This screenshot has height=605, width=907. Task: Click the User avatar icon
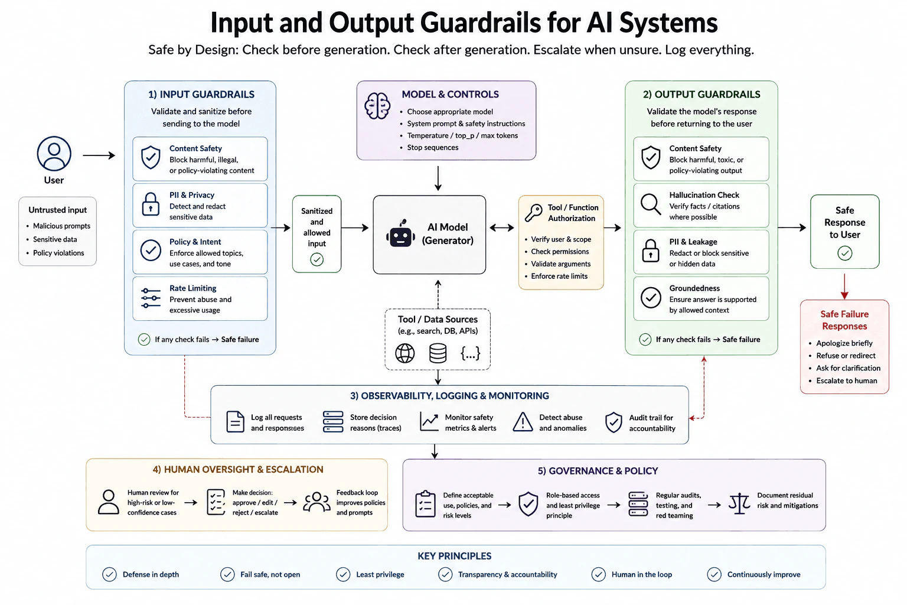pyautogui.click(x=54, y=154)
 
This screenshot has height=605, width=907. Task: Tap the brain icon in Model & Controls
pyautogui.click(x=377, y=106)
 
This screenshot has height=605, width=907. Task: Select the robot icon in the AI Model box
pyautogui.click(x=400, y=233)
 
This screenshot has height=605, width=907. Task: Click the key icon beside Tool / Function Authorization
pyautogui.click(x=533, y=213)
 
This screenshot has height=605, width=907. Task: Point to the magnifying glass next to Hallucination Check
pyautogui.click(x=651, y=204)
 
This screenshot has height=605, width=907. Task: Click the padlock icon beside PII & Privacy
pyautogui.click(x=151, y=204)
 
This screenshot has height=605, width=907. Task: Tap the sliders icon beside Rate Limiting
pyautogui.click(x=151, y=298)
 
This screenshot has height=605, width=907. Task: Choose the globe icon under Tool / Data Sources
pyautogui.click(x=405, y=353)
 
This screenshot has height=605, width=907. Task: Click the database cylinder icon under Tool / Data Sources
pyautogui.click(x=438, y=353)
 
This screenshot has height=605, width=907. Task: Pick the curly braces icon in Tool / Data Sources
pyautogui.click(x=470, y=353)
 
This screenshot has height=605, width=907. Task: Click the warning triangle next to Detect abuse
pyautogui.click(x=523, y=422)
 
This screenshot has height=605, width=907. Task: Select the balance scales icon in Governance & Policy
pyautogui.click(x=739, y=504)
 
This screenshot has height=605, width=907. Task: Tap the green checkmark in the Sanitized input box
pyautogui.click(x=317, y=259)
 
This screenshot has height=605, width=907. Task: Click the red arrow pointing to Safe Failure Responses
pyautogui.click(x=844, y=287)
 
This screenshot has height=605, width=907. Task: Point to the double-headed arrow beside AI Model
pyautogui.click(x=502, y=227)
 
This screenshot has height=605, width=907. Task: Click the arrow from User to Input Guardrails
pyautogui.click(x=99, y=155)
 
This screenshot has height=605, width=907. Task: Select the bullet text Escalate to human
pyautogui.click(x=846, y=380)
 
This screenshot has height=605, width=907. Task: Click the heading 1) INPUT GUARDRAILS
pyautogui.click(x=201, y=95)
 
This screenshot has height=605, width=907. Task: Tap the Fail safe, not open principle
pyautogui.click(x=270, y=574)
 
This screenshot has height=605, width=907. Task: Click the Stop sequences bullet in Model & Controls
pyautogui.click(x=432, y=148)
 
